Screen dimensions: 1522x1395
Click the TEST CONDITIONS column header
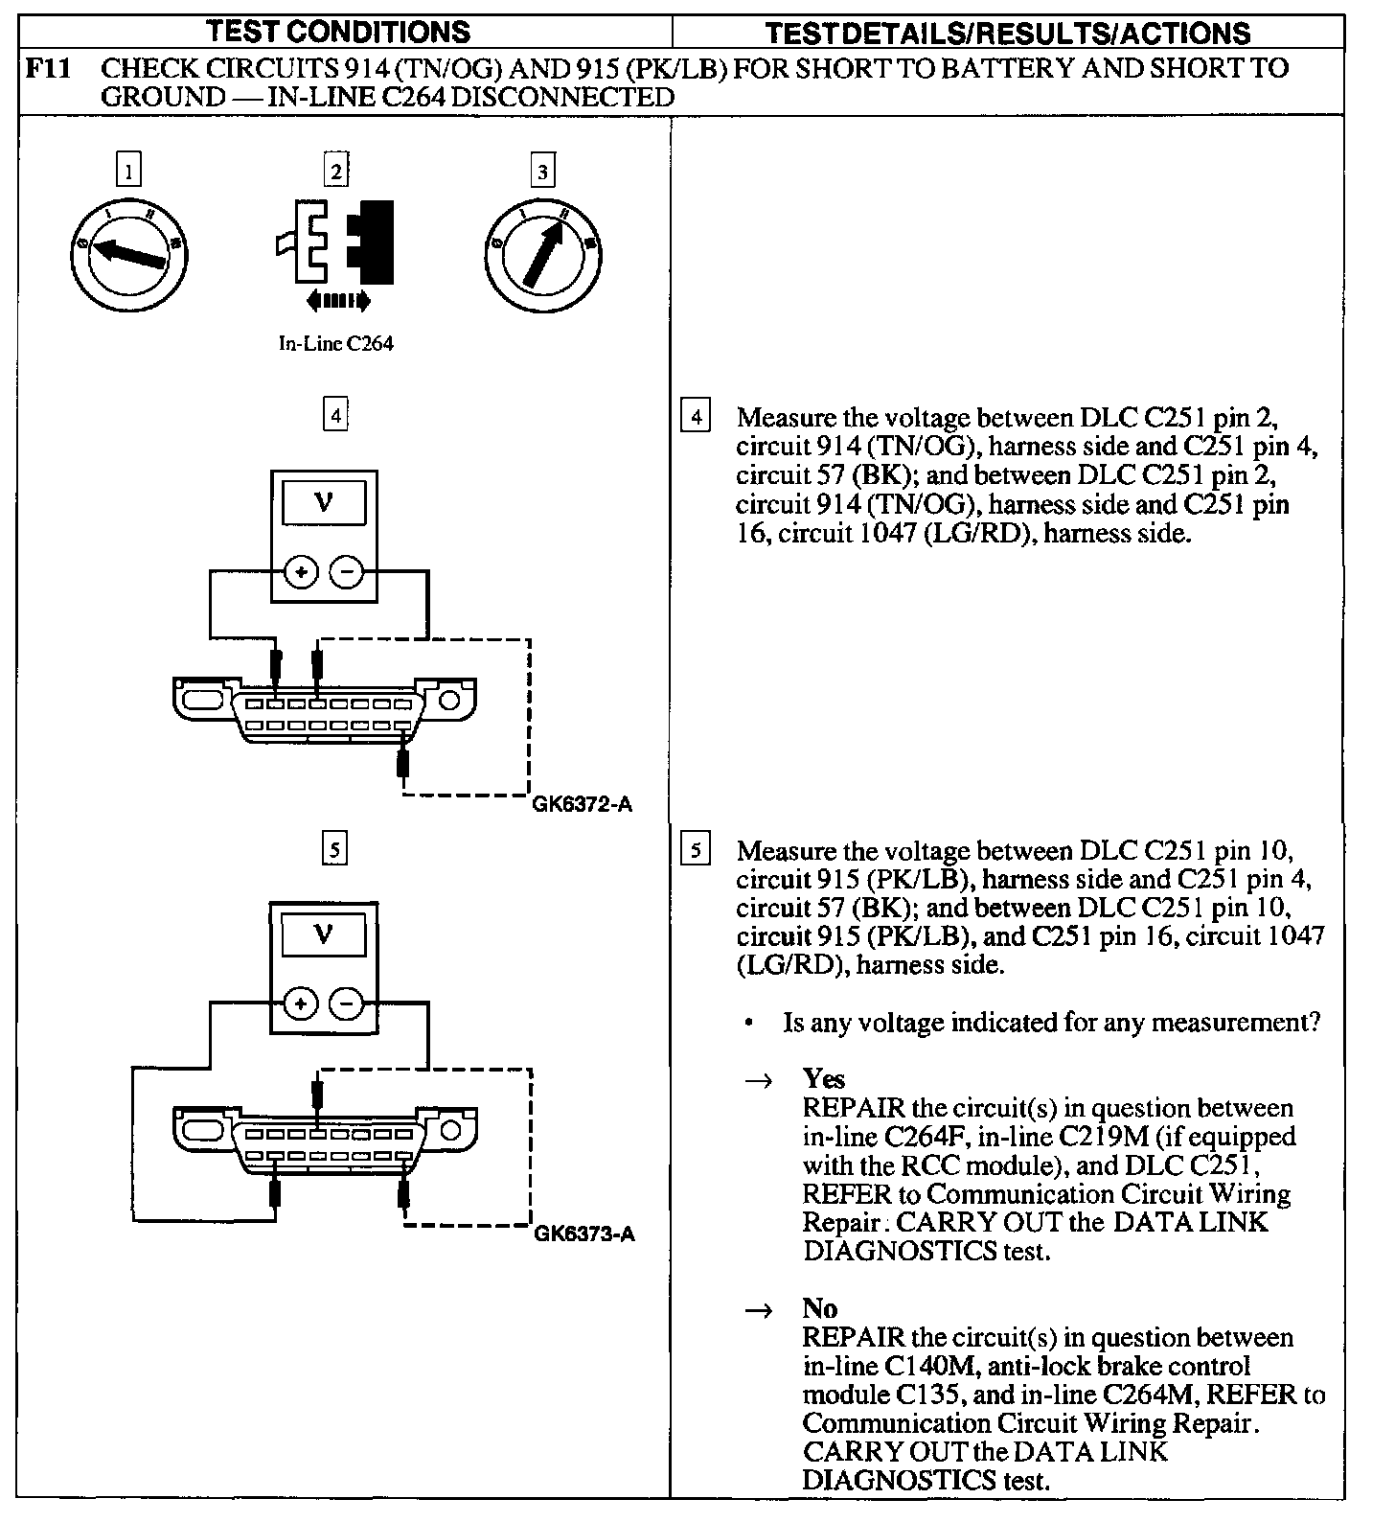coord(339,32)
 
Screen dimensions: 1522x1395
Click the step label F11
coord(48,68)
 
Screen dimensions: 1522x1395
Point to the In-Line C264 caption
coord(335,343)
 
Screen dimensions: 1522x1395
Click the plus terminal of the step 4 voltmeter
coord(301,573)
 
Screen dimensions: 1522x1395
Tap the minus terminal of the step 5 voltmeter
coord(347,1003)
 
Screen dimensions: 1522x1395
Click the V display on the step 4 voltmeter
coord(323,502)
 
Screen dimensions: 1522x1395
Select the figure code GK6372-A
coord(582,804)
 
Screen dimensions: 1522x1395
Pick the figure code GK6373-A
coord(583,1234)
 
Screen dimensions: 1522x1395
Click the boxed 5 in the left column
coord(334,848)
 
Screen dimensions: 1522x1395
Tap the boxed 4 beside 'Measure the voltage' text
coord(696,417)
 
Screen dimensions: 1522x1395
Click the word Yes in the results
coord(823,1079)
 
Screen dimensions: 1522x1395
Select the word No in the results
coord(819,1308)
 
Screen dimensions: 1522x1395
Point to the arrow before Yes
coord(759,1080)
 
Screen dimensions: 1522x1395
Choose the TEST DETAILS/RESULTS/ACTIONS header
coord(1008,34)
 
